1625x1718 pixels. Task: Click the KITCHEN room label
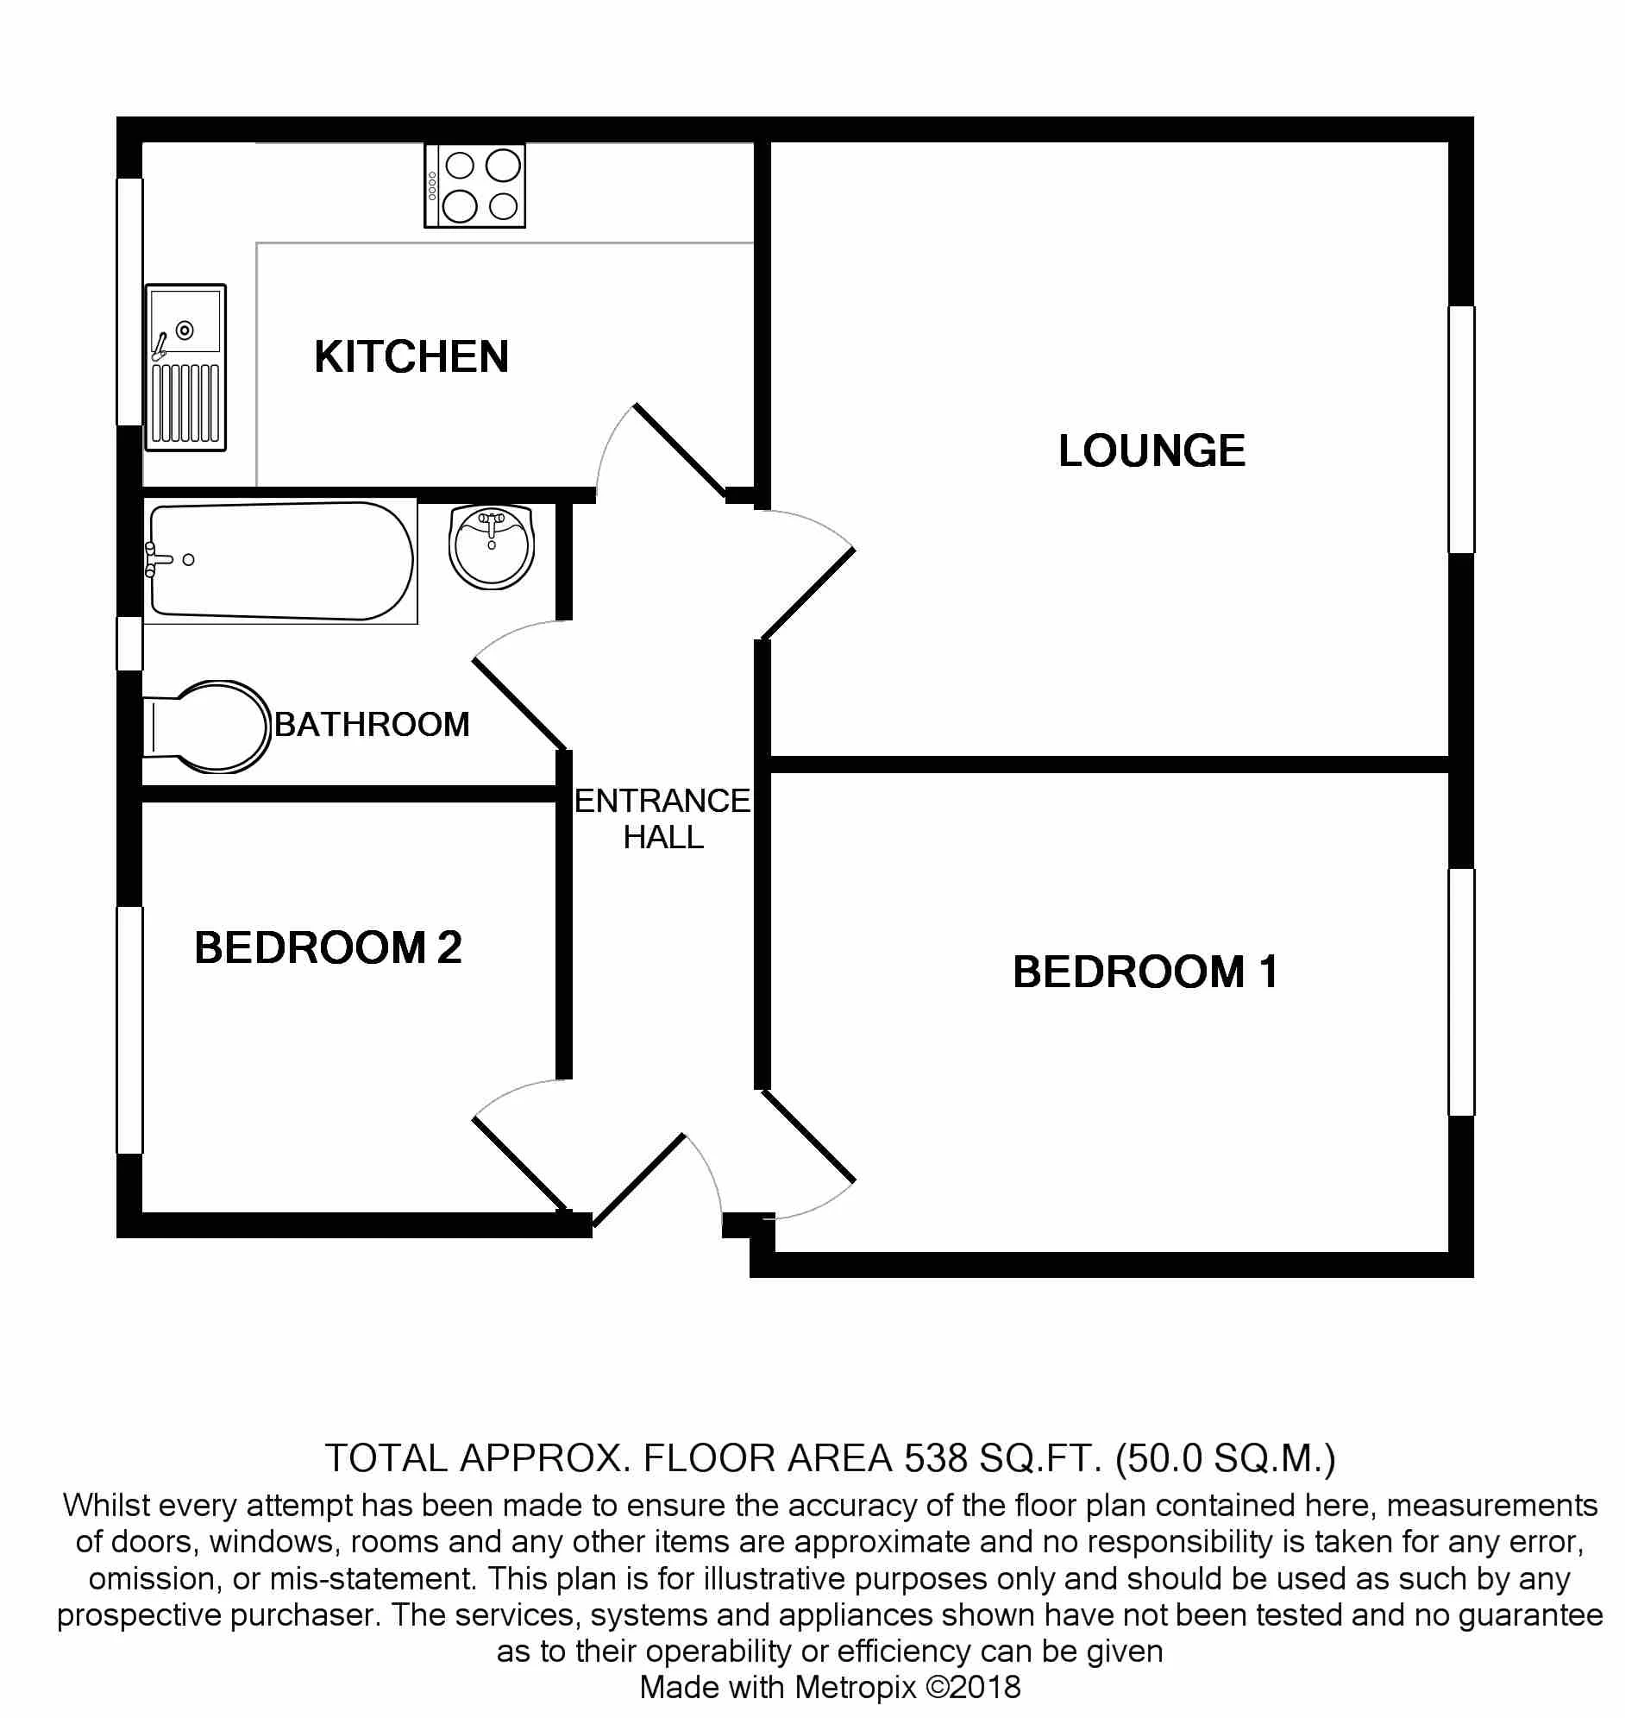pos(411,357)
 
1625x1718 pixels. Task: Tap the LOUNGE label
pos(1151,450)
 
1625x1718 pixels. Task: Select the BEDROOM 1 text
pos(1145,972)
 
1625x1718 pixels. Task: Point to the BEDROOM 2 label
pos(328,947)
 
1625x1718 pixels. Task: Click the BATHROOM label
pos(372,724)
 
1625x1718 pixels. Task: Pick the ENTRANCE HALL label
pos(662,819)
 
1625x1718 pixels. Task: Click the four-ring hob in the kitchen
pos(474,186)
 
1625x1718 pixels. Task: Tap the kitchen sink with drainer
pos(185,368)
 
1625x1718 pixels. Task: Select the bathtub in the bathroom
pos(279,561)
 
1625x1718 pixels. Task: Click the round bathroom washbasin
pos(491,547)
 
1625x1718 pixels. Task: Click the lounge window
pos(1462,430)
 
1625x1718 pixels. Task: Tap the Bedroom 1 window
pos(1462,992)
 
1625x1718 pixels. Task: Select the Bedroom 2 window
pos(130,1030)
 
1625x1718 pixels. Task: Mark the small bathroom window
pos(130,644)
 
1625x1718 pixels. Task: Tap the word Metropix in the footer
pos(855,1687)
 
